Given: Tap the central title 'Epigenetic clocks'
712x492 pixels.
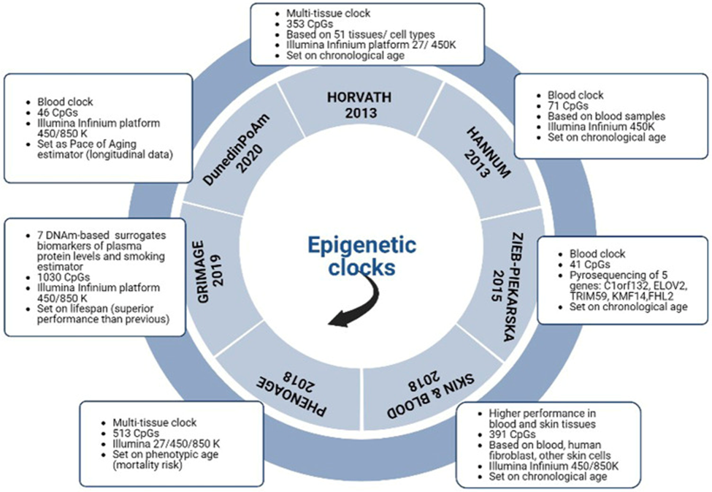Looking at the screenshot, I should (350, 253).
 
